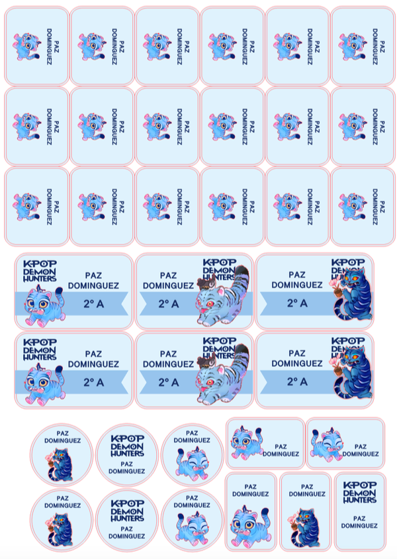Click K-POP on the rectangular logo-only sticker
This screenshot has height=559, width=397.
pyautogui.click(x=359, y=485)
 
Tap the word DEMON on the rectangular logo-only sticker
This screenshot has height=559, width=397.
pyautogui.click(x=359, y=493)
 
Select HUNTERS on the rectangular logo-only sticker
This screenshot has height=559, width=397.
pyautogui.click(x=359, y=500)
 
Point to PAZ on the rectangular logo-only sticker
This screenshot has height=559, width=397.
pyautogui.click(x=359, y=519)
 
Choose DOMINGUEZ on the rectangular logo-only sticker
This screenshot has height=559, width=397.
pyautogui.click(x=359, y=526)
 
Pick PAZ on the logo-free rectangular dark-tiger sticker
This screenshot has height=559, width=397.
pyautogui.click(x=307, y=487)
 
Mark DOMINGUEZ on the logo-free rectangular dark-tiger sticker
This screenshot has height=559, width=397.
pyautogui.click(x=307, y=494)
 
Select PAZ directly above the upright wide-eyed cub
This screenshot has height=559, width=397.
pyautogui.click(x=250, y=487)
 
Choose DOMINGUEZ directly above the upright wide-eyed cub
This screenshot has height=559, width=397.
pyautogui.click(x=250, y=494)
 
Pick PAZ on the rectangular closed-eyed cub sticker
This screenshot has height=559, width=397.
pyautogui.click(x=361, y=446)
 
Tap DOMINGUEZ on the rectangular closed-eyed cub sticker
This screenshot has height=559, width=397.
pyautogui.click(x=361, y=454)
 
